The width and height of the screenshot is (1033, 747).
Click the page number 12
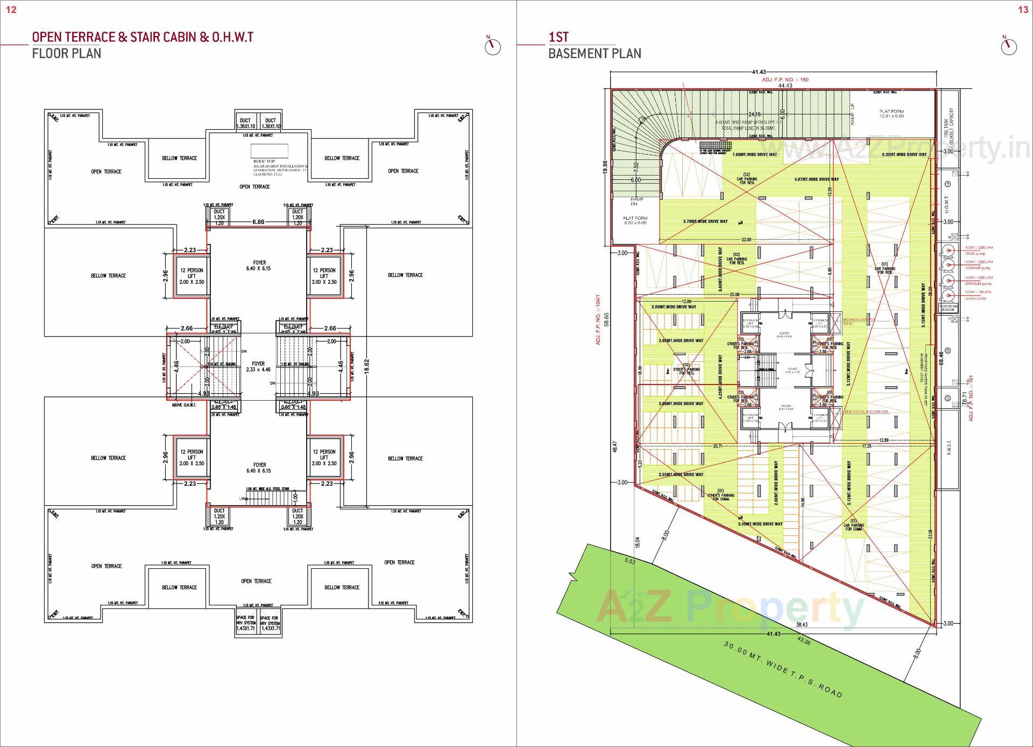click(x=11, y=10)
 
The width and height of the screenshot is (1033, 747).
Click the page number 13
click(x=1023, y=10)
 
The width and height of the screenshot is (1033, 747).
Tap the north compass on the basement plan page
click(x=1008, y=46)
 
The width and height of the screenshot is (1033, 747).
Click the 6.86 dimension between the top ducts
click(x=258, y=222)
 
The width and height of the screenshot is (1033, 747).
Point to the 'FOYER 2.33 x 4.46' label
click(x=259, y=367)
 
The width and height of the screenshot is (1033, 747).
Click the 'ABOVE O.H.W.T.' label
click(x=183, y=405)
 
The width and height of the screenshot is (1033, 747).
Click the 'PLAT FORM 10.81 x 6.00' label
click(x=892, y=114)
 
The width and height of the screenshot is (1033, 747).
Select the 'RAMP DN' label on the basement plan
click(x=636, y=201)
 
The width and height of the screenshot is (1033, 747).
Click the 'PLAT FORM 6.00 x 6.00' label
click(x=635, y=220)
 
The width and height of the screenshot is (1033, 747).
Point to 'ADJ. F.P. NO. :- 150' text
click(x=785, y=80)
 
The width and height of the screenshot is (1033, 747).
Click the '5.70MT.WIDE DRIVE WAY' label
click(x=705, y=221)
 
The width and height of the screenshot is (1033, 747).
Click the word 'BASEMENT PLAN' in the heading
click(x=595, y=53)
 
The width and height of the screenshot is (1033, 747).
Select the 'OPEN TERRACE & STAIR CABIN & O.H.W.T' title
click(x=143, y=37)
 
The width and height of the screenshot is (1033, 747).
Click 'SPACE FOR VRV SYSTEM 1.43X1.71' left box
click(x=246, y=623)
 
